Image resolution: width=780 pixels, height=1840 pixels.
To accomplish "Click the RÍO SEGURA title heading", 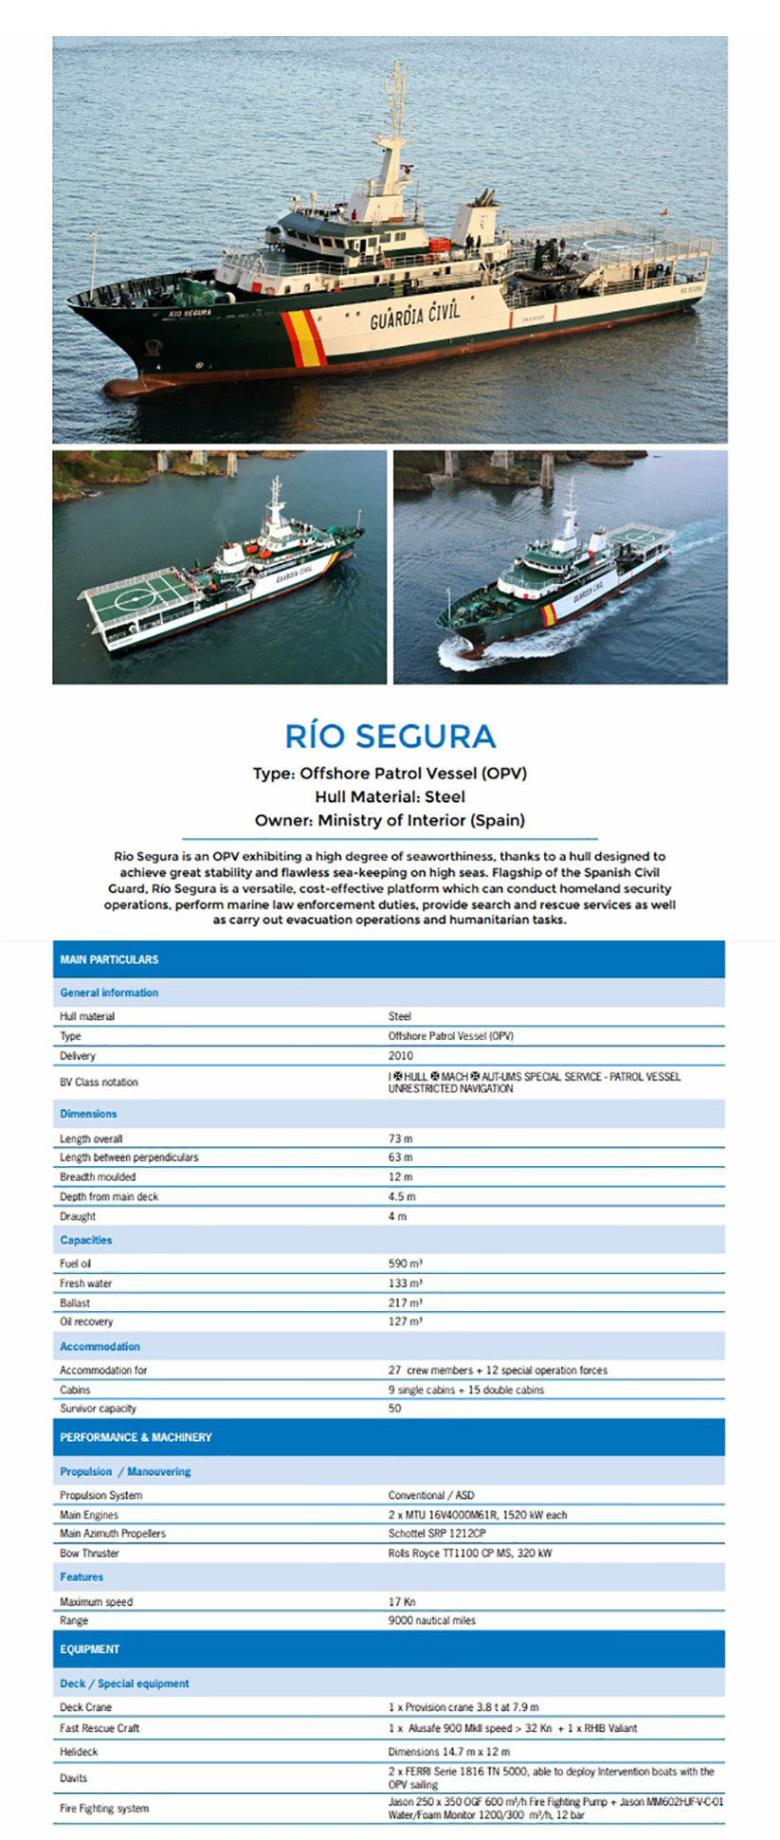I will coord(390,737).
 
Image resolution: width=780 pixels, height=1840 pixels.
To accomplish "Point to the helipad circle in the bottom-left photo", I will coord(135,599).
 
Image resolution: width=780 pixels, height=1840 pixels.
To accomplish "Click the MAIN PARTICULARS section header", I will coord(109,959).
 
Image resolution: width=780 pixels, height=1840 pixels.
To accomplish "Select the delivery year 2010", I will coord(401,1055).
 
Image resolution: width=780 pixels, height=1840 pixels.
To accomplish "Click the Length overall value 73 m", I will coord(400,1139).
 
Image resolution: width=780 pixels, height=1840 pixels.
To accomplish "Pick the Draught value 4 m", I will coord(397,1216).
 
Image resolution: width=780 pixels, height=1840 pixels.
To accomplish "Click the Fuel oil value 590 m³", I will coord(405,1264).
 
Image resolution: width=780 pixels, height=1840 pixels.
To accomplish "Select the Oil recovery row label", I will coord(86,1321).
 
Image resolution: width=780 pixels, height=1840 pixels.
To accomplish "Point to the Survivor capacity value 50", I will coord(394,1409).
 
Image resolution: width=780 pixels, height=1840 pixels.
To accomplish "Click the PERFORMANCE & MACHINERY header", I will coord(136,1437).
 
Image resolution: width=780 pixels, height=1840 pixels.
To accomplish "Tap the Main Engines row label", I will coord(89,1515).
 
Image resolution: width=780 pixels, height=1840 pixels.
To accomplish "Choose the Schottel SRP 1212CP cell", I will coord(437,1533).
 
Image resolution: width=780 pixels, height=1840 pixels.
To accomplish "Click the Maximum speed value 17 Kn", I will coord(402,1602).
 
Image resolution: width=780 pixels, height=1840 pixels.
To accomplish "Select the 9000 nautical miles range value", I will coord(432,1620).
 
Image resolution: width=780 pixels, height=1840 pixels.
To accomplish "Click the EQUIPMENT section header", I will coord(90,1649).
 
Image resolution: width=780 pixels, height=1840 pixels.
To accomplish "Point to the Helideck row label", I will coord(79,1752).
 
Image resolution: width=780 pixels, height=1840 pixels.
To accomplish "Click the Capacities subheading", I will coord(86,1240).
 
